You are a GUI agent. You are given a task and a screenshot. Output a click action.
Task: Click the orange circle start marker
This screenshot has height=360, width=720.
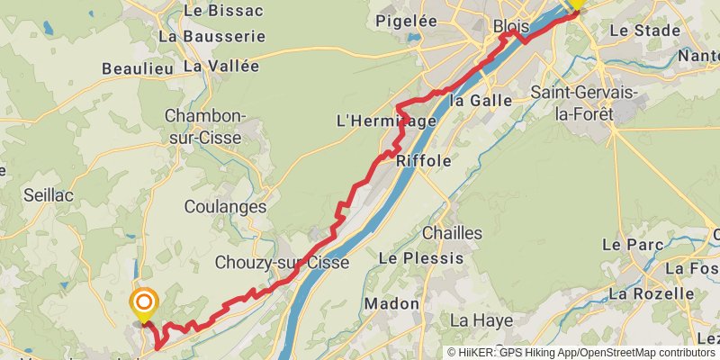[x=142, y=303]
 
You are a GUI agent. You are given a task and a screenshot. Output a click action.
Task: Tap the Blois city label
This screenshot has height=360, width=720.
[x=511, y=28]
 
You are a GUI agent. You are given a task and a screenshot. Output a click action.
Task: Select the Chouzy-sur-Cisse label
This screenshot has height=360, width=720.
[x=282, y=263]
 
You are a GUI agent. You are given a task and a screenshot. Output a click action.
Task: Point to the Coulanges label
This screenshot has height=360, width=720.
[x=225, y=207]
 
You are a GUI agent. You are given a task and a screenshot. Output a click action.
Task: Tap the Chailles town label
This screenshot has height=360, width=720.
[x=452, y=233]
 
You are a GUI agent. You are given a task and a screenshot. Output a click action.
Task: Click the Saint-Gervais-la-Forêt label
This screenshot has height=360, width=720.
[x=584, y=103]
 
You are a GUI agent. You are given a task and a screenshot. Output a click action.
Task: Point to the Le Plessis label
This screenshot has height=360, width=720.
[x=420, y=258]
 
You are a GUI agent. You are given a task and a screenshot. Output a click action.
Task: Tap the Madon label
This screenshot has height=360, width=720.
[x=391, y=304]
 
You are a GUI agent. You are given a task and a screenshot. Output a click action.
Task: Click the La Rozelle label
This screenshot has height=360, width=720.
[x=652, y=293]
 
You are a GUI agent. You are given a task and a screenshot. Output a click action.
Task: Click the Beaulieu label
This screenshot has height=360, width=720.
[x=137, y=67]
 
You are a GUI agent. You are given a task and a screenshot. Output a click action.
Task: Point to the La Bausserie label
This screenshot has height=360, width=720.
[x=211, y=37]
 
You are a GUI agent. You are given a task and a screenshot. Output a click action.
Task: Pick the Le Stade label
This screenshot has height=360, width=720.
[x=644, y=31]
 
